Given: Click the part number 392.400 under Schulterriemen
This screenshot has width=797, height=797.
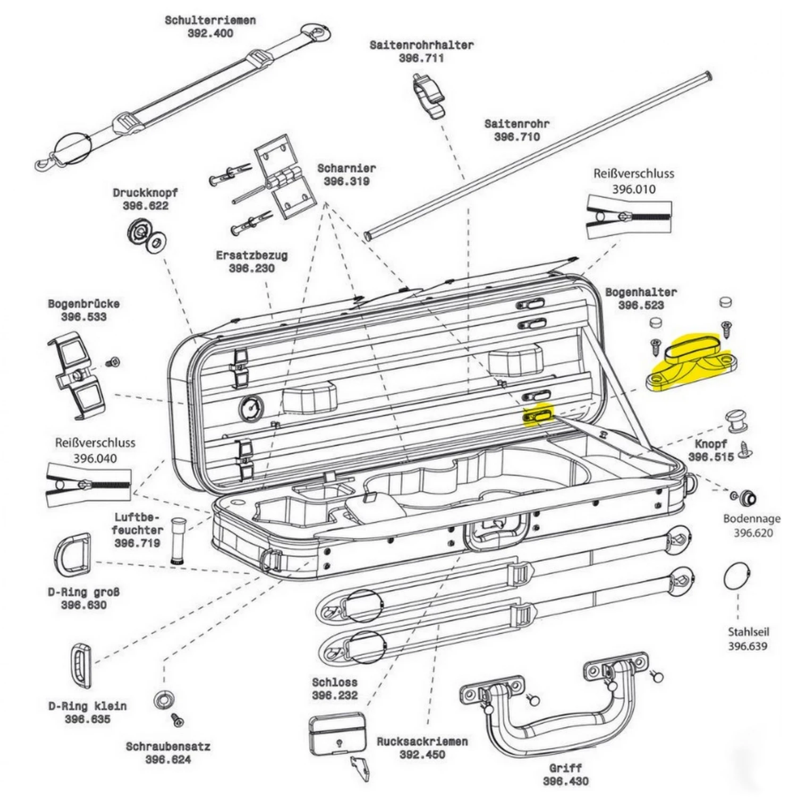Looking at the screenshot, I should pos(210,33).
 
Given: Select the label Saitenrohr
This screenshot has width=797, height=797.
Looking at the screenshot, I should pos(516,124).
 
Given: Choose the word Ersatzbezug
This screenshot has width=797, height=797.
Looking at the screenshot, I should pos(251,256).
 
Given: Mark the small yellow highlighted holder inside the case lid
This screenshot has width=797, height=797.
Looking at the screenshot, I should pos(538,414).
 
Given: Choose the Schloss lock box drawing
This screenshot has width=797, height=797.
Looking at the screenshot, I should pos(337,734).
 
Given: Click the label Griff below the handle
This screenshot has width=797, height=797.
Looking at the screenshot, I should pos(565,768).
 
